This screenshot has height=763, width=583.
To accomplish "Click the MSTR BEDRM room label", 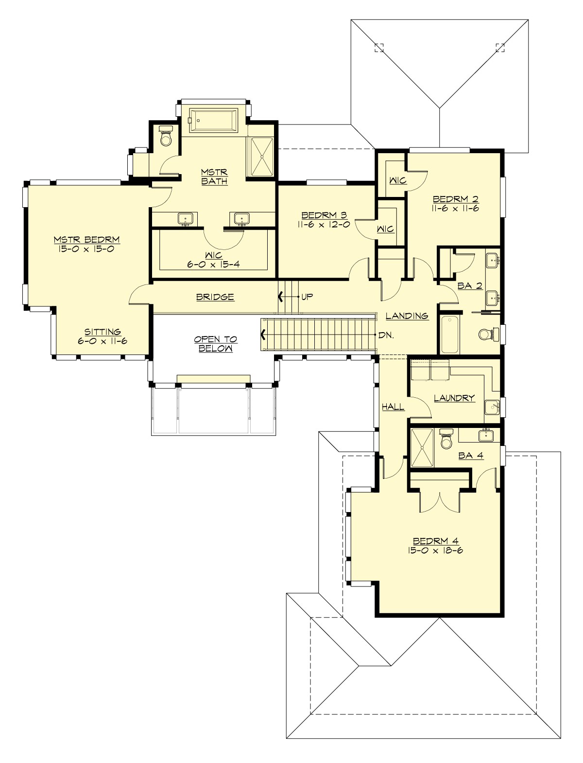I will click(x=86, y=240).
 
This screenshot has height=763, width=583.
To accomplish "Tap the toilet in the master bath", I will click(x=166, y=136).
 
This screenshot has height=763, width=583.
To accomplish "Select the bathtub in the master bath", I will click(x=214, y=119).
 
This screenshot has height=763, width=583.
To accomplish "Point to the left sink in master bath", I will click(x=186, y=219).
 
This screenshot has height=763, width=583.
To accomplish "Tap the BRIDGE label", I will click(x=215, y=297).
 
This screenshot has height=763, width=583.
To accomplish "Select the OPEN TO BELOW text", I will click(x=213, y=344).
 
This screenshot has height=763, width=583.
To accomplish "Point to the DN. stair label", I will click(x=386, y=335).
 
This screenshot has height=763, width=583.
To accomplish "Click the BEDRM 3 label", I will click(x=325, y=215).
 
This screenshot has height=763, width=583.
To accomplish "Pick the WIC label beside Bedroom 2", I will click(x=398, y=180).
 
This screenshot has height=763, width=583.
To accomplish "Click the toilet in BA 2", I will click(x=486, y=334).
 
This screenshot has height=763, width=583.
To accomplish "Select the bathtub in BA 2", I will click(x=449, y=335).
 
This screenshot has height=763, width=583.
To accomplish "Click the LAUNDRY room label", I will click(x=454, y=398).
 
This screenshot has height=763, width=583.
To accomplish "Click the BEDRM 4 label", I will click(x=436, y=541).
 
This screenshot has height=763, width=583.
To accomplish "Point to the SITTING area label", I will click(x=103, y=332).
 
